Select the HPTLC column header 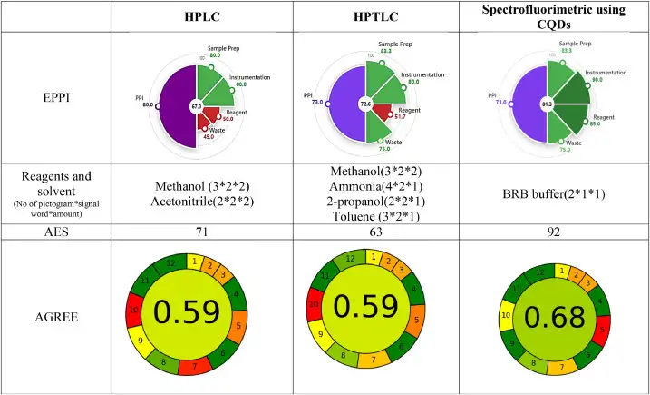click(372, 16)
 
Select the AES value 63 click(372, 233)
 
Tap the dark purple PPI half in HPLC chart click(178, 106)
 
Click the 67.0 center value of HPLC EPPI click(195, 106)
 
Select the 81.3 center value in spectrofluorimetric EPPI click(547, 105)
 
